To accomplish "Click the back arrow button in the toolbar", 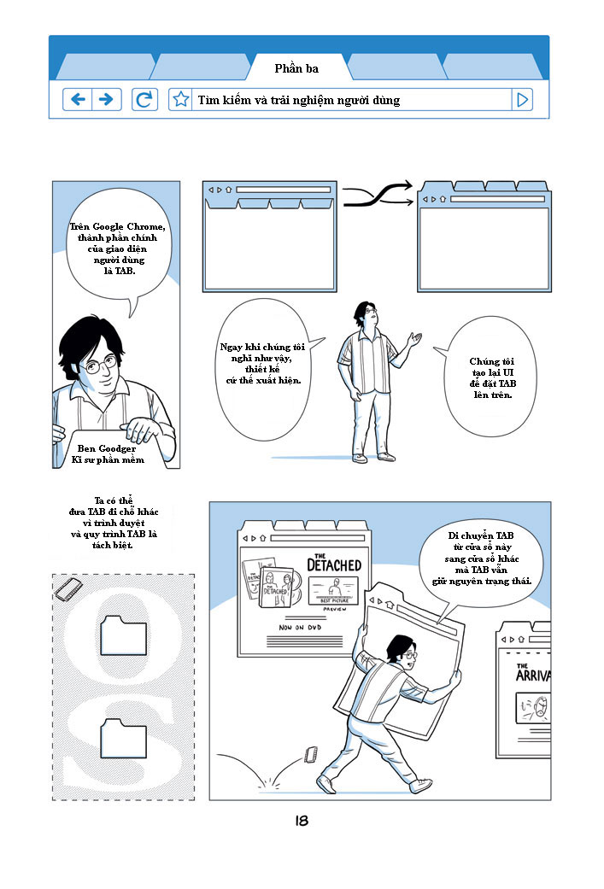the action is click(78, 100).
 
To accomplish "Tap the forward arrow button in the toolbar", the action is click(107, 100).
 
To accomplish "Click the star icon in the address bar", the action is click(180, 100).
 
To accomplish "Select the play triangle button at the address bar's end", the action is click(522, 100).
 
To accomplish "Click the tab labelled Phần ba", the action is click(296, 68).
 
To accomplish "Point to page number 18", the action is click(302, 821).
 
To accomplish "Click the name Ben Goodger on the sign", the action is click(107, 448).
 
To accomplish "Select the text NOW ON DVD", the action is click(300, 627).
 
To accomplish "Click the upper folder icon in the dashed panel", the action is click(124, 635).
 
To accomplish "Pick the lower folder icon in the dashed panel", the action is click(124, 739).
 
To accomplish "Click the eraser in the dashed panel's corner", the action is click(68, 589).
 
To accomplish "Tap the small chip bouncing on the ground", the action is click(311, 755).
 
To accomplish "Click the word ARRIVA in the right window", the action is click(533, 676).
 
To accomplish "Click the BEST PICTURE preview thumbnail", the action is click(333, 591).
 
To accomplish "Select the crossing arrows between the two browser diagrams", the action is click(378, 195).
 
